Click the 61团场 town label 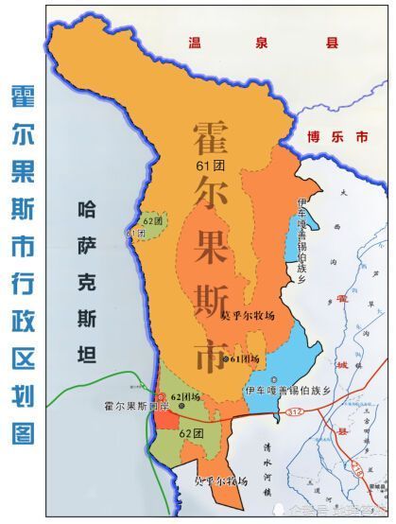pos(242,359)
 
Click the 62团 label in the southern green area pos(192,432)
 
